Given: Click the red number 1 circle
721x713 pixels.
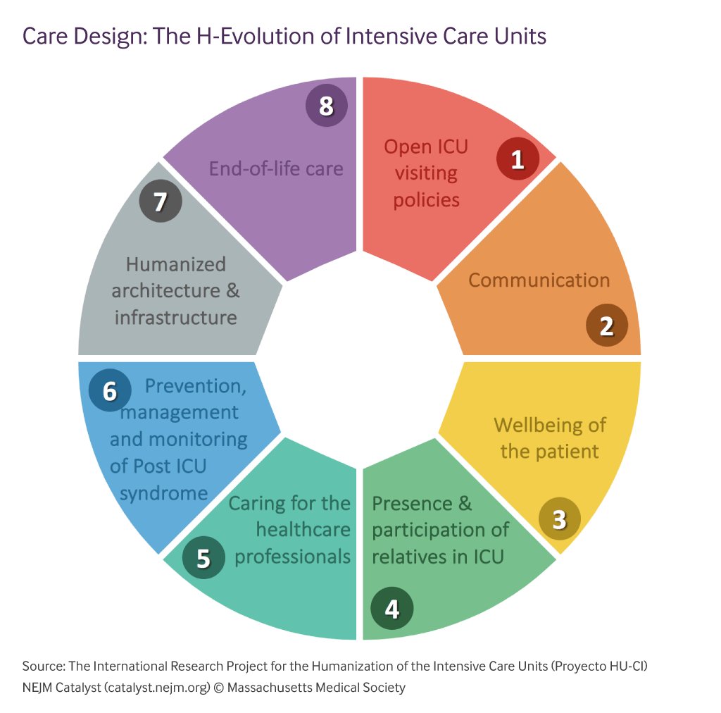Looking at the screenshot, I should click(518, 159).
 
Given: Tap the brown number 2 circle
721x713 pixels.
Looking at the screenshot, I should click(607, 325).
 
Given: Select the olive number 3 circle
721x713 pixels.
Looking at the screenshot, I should click(559, 519).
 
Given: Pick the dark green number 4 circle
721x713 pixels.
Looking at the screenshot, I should click(392, 608).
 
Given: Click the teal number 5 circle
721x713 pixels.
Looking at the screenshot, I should click(203, 558).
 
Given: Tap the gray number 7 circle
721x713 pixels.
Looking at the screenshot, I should click(160, 201).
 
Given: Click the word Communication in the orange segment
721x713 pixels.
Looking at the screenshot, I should click(539, 280).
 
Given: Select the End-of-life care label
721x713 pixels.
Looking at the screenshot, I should click(276, 168).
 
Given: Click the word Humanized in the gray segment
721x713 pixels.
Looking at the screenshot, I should click(176, 264).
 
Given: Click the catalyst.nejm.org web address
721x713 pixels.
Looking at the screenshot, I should click(158, 687).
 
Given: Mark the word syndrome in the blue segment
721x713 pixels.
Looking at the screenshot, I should click(163, 492).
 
